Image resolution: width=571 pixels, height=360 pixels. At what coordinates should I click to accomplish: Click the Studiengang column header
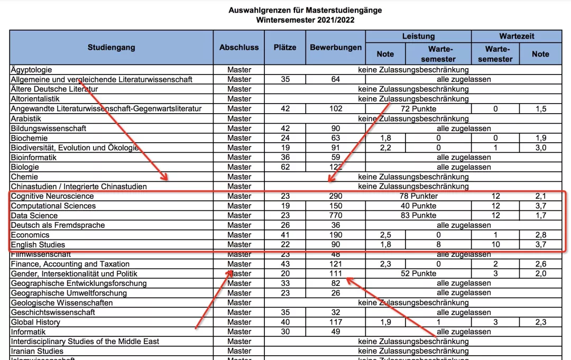(111, 48)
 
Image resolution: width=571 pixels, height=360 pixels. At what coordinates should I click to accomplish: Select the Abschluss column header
(239, 48)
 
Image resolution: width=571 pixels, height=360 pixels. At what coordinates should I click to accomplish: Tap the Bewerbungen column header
(336, 48)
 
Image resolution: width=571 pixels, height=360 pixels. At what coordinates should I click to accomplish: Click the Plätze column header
(285, 48)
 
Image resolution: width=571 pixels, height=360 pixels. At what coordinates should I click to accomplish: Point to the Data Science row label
(34, 216)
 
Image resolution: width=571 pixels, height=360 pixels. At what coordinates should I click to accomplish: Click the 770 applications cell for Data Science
(335, 216)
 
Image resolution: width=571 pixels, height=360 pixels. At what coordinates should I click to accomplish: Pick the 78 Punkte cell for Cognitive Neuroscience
(418, 196)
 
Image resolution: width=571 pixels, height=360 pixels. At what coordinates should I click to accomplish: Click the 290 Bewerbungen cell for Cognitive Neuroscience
(335, 196)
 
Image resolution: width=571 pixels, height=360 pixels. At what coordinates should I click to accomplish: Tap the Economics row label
(30, 235)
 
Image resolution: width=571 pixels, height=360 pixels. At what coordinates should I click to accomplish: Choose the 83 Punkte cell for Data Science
(418, 216)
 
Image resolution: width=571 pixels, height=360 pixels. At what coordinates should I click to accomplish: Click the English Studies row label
(38, 245)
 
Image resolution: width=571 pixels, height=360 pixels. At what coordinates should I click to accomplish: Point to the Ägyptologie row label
(31, 70)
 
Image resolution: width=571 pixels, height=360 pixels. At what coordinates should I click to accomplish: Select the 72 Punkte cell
(418, 108)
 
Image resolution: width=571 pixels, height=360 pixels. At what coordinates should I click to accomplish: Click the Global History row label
(36, 322)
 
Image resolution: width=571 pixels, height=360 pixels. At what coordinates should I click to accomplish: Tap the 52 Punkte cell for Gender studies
(418, 274)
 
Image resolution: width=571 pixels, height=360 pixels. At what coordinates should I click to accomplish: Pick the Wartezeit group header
(517, 36)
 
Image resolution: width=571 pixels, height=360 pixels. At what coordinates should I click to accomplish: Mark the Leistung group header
(418, 36)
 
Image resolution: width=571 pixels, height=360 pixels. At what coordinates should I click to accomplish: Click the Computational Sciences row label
(53, 206)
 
